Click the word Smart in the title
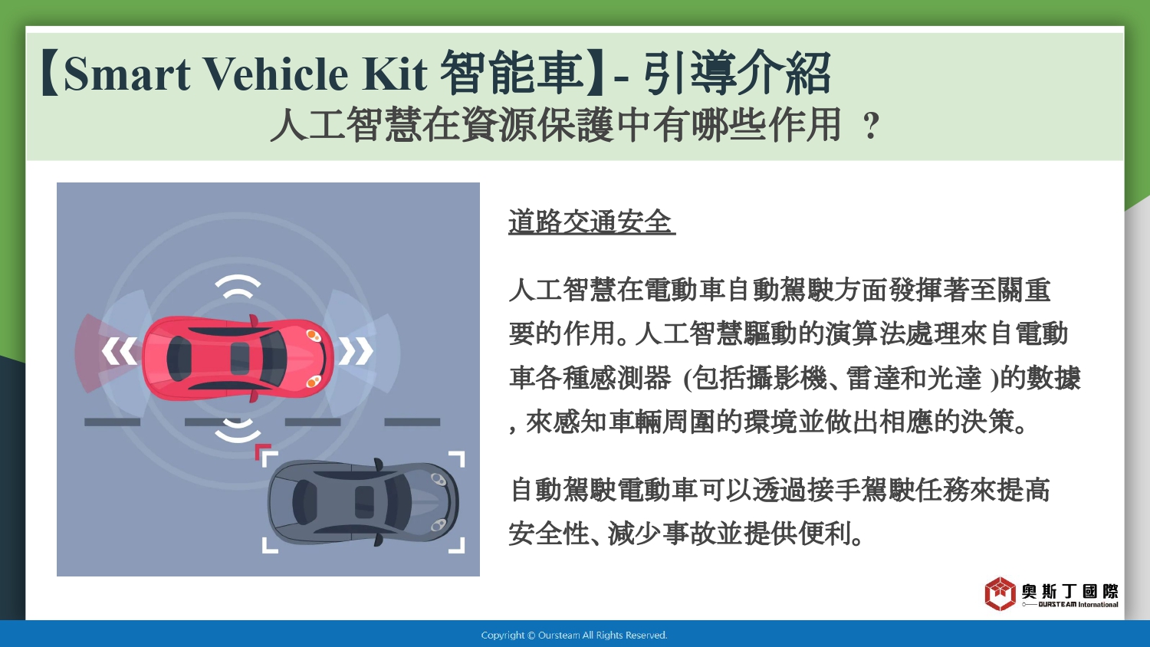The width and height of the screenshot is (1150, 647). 127,74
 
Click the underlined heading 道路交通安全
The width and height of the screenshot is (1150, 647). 591,222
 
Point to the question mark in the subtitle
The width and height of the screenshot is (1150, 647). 871,126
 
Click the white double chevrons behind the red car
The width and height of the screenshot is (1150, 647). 119,351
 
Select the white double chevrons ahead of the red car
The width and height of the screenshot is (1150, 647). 356,351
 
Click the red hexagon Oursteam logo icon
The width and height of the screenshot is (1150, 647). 1000,593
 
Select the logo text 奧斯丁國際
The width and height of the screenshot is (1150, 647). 1069,591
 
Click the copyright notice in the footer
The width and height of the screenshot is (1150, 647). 574,636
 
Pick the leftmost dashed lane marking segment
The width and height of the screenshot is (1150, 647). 113,422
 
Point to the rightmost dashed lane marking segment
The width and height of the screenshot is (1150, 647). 412,422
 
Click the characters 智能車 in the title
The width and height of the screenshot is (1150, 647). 512,73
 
